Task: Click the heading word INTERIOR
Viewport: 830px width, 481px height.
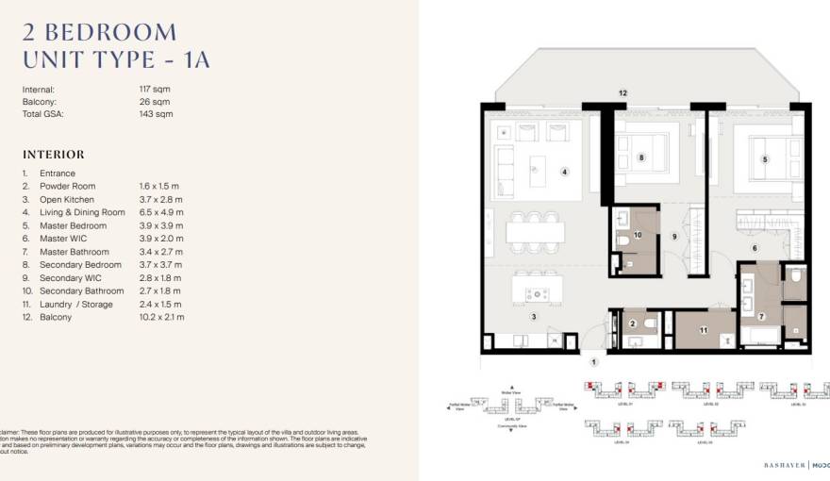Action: (53, 155)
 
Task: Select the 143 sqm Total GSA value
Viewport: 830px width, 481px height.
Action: (155, 114)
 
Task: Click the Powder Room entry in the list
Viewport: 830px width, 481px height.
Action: (67, 187)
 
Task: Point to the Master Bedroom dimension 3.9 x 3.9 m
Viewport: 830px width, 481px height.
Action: (160, 226)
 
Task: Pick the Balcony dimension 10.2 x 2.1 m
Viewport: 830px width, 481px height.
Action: (161, 318)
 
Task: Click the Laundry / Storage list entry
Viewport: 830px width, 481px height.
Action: (75, 305)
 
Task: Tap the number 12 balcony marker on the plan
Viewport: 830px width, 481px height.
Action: (622, 93)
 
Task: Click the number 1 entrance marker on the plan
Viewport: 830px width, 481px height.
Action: (594, 362)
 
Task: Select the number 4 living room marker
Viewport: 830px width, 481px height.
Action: (564, 172)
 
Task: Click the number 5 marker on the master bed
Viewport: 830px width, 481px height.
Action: (765, 159)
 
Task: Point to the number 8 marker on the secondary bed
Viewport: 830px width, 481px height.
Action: (641, 158)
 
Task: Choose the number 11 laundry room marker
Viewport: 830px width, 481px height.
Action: (703, 331)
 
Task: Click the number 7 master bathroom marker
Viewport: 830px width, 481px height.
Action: (760, 316)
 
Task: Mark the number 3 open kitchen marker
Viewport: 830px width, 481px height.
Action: (533, 317)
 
